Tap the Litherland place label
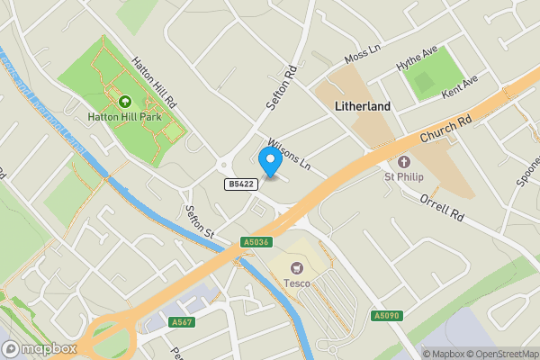(363, 106)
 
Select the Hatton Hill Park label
(124, 116)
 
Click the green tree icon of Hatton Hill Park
(124, 102)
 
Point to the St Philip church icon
(404, 163)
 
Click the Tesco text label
(297, 283)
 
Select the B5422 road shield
(238, 184)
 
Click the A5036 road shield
(256, 241)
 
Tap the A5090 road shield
(384, 315)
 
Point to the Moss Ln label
(363, 57)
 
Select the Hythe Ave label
(417, 64)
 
